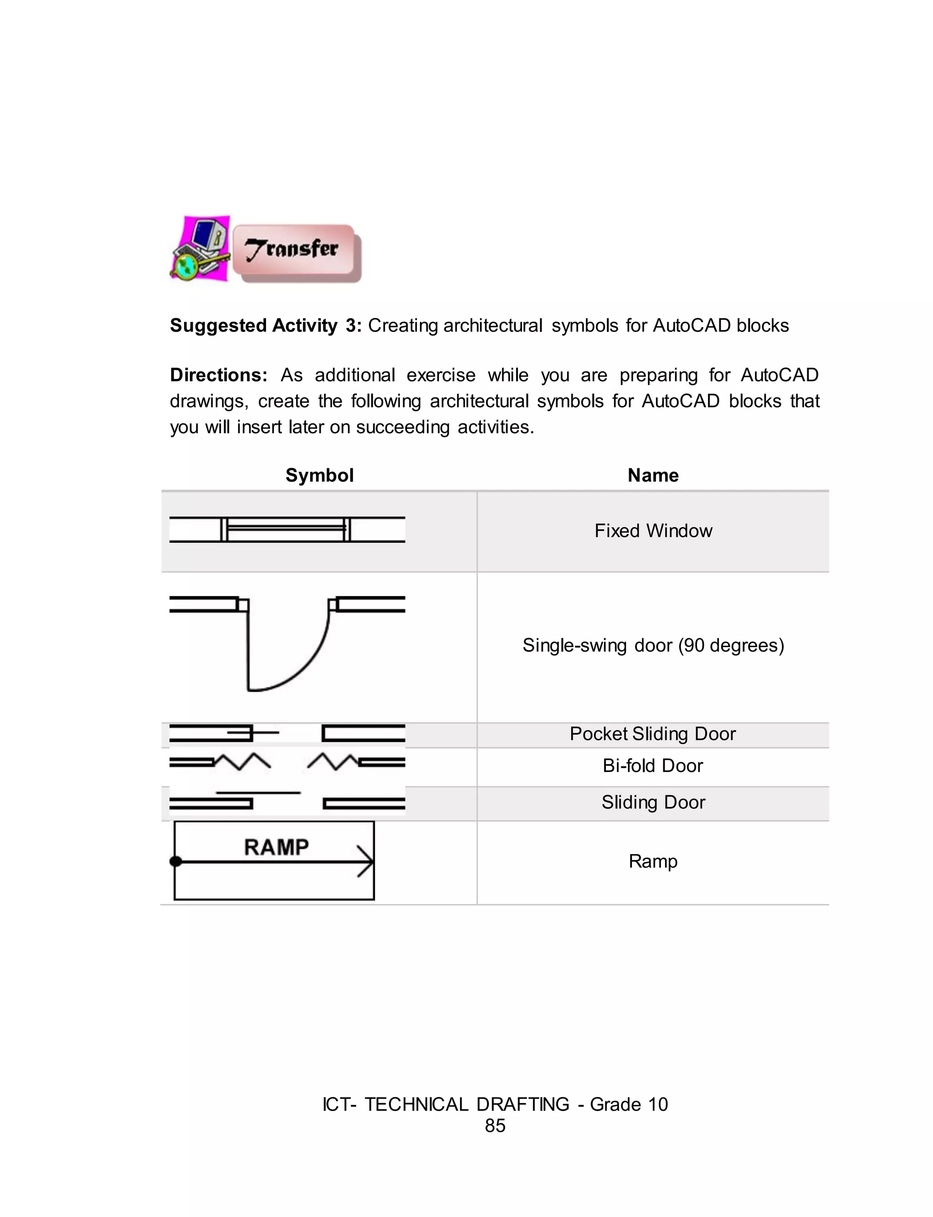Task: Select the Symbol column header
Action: click(x=319, y=475)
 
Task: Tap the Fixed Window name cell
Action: click(x=653, y=531)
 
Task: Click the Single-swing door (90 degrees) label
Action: click(x=653, y=645)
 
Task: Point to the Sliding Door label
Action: click(x=653, y=803)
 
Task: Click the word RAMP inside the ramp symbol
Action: click(x=276, y=847)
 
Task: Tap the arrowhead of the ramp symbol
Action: click(x=366, y=861)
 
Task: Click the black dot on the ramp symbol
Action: click(x=175, y=861)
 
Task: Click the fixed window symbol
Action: click(x=287, y=529)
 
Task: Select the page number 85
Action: click(x=495, y=1125)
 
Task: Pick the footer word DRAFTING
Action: click(x=523, y=1104)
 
